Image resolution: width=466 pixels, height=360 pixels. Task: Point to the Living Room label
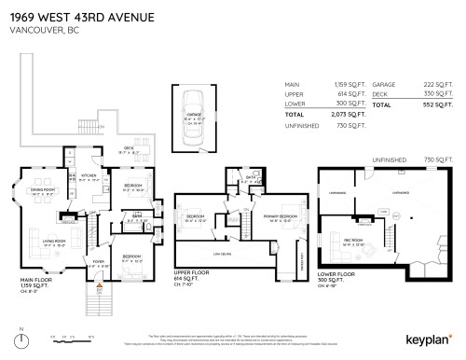pos(52,242)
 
